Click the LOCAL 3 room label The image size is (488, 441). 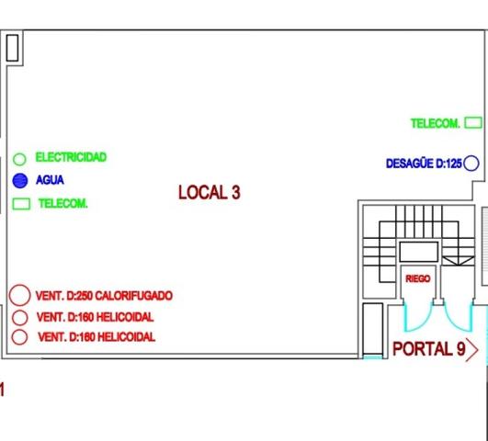click(210, 192)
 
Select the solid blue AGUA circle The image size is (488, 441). click(20, 180)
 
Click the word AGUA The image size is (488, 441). click(50, 180)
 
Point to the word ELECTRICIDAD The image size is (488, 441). click(71, 157)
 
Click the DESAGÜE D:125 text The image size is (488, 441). click(424, 164)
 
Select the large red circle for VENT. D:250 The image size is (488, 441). click(19, 285)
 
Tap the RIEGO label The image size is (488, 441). click(418, 278)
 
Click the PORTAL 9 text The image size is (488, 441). click(429, 348)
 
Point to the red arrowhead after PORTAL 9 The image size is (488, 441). click(477, 350)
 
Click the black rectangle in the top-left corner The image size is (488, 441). click(13, 35)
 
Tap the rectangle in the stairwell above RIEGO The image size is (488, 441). click(418, 243)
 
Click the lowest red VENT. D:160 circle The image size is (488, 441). click(19, 330)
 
